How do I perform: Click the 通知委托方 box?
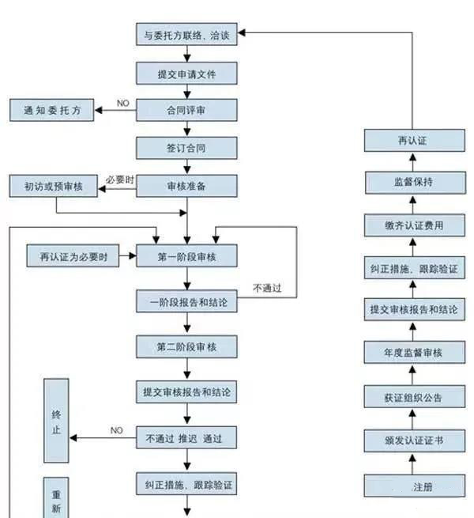coord(51,110)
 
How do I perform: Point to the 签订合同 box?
coord(186,148)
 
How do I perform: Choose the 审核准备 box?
coord(186,186)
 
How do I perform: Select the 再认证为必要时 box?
coord(73,256)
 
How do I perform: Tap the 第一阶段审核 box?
coord(186,256)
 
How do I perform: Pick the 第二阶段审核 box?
coord(186,346)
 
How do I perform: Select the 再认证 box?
coord(412,141)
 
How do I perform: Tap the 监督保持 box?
coord(412,183)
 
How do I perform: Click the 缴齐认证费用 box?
coord(412,225)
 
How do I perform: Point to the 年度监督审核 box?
coord(412,352)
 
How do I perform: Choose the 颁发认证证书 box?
coord(412,440)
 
